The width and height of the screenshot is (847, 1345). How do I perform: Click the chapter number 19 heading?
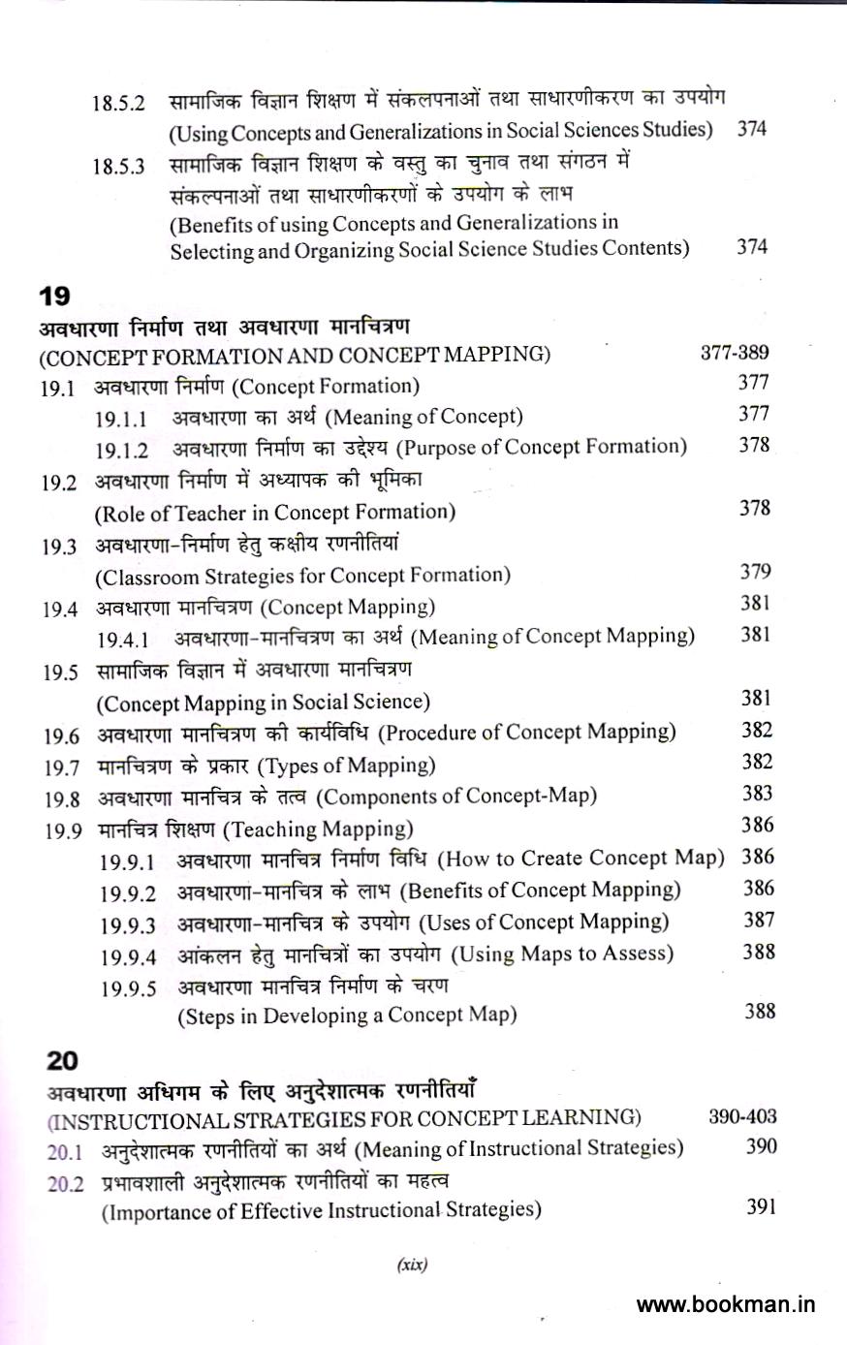[x=53, y=296]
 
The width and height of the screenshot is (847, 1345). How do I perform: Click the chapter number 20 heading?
[x=61, y=1060]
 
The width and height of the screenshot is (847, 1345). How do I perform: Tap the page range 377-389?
[x=735, y=353]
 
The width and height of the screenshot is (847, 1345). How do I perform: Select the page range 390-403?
[x=742, y=1116]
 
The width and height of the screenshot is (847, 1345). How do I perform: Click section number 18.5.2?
[x=118, y=103]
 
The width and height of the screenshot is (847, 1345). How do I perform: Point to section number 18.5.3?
[x=118, y=166]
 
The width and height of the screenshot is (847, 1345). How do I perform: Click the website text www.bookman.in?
[x=726, y=1304]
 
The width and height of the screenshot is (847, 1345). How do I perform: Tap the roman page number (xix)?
[x=412, y=1265]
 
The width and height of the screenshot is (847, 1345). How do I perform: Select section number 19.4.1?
[x=122, y=641]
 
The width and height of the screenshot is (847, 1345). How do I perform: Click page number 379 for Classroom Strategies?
[x=755, y=572]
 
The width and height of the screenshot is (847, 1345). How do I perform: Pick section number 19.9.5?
[x=128, y=989]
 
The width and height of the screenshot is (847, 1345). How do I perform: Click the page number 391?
[x=761, y=1207]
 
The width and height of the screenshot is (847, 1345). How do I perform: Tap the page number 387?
[x=759, y=920]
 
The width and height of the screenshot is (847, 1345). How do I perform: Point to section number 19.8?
[x=61, y=799]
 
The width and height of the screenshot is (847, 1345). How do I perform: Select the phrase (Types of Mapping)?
[x=346, y=766]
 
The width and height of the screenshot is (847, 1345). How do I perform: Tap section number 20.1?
[x=65, y=1153]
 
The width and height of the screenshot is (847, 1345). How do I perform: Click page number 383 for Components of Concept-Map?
[x=757, y=794]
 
